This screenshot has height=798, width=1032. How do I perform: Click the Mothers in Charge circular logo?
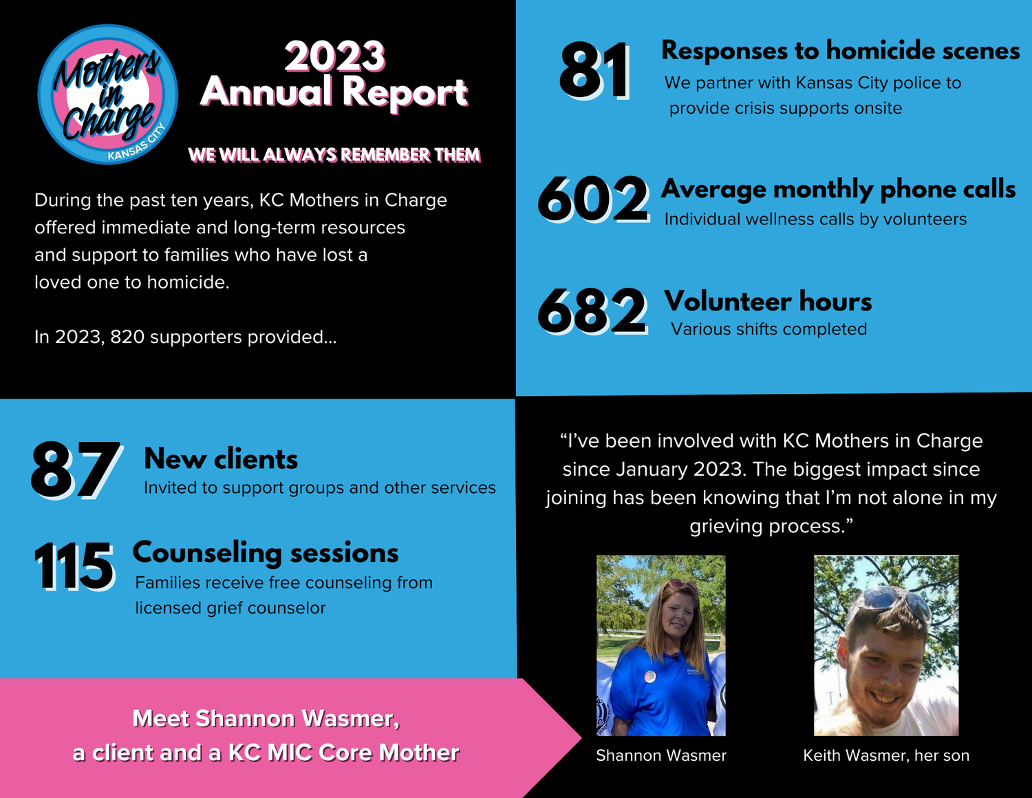point(108,94)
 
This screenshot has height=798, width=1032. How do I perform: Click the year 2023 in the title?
point(335,56)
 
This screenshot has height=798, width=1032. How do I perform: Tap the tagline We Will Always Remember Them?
point(334,155)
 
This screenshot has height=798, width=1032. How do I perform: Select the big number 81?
point(594,71)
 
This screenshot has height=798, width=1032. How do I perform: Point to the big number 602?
point(593,200)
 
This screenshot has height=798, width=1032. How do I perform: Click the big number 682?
point(592,311)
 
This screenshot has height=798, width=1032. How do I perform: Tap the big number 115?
point(74,567)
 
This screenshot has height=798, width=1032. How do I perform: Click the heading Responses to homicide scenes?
point(840,50)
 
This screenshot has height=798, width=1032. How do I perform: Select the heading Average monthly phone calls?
point(838,189)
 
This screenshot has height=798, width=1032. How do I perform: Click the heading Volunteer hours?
point(768,302)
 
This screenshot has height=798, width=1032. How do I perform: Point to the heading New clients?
point(221,459)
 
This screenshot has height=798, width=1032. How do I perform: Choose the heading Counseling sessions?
point(266,552)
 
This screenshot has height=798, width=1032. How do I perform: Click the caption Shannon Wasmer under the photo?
point(661,755)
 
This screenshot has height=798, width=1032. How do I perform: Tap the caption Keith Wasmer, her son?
point(886,755)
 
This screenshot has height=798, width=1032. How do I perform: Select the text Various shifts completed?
point(768,329)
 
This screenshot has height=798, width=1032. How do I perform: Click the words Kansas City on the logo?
point(138,143)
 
